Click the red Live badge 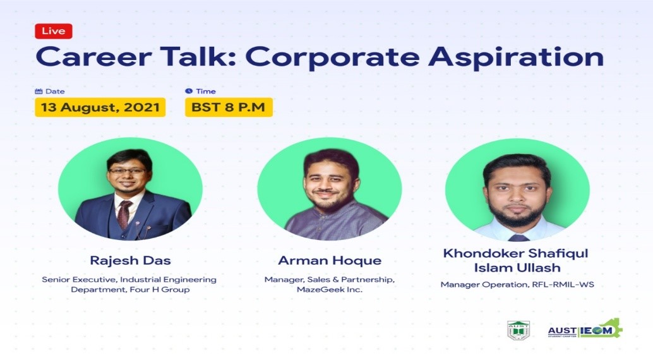coord(53,31)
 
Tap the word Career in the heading coord(93,57)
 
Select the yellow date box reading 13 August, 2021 coord(100,107)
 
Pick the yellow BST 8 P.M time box coord(229,107)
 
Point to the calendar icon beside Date coord(39,91)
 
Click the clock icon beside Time coord(189,91)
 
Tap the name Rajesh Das coord(130,260)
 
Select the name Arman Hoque coord(330,260)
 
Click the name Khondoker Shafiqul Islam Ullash coord(516,260)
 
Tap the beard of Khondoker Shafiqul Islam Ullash coord(517,212)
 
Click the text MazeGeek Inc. coord(330,289)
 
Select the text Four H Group coord(160,289)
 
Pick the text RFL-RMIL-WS coord(563,285)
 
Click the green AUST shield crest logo coord(518,330)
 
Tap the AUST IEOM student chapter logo coord(585,329)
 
